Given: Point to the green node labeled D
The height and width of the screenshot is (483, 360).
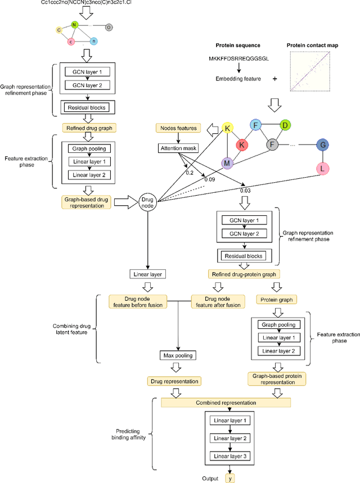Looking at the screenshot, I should [286, 125].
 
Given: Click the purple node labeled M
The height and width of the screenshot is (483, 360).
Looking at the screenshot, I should [227, 164].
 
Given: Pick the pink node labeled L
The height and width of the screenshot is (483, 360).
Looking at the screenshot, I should [323, 168].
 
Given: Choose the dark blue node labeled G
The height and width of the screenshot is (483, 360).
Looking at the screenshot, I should [323, 145].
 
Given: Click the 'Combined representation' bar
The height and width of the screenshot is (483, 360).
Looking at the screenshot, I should [226, 403].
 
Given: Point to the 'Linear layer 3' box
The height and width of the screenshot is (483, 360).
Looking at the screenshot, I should [229, 456].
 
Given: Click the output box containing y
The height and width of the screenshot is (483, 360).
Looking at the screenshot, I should [230, 479].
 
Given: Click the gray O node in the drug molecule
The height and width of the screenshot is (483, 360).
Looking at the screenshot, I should [109, 26].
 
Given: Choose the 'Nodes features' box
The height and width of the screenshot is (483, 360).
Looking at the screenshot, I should [177, 128].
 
